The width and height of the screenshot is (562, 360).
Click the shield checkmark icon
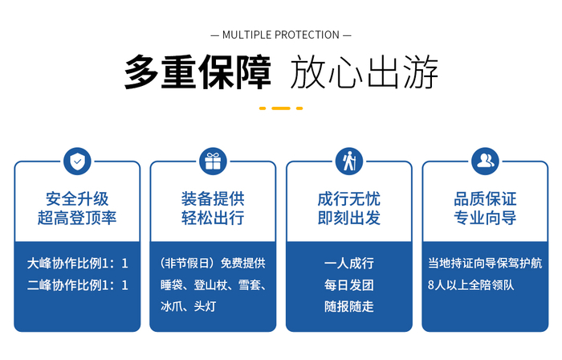pyautogui.click(x=77, y=162)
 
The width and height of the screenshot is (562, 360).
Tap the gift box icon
pyautogui.click(x=213, y=162)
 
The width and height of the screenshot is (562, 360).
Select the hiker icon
pyautogui.click(x=349, y=162)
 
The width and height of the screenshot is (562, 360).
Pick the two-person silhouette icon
pyautogui.click(x=485, y=162)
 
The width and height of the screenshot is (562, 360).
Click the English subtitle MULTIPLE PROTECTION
pyautogui.click(x=281, y=35)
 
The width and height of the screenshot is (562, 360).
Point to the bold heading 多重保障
pyautogui.click(x=198, y=72)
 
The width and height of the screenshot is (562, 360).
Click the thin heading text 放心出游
pyautogui.click(x=364, y=72)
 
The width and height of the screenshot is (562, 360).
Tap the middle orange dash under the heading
pyautogui.click(x=281, y=108)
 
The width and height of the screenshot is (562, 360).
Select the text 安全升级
pyautogui.click(x=77, y=198)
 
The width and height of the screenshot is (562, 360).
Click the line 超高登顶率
pyautogui.click(x=77, y=218)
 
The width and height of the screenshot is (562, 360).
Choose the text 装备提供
pyautogui.click(x=213, y=198)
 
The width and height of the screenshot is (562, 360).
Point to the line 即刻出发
pyautogui.click(x=349, y=218)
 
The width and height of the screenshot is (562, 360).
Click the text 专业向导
pyautogui.click(x=485, y=218)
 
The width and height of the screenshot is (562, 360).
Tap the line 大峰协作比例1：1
pyautogui.click(x=77, y=264)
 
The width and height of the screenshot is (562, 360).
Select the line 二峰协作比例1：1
pyautogui.click(x=77, y=285)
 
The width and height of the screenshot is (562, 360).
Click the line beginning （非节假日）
pyautogui.click(x=213, y=264)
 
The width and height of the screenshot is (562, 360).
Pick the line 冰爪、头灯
pyautogui.click(x=188, y=307)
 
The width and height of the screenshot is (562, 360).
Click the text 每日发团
pyautogui.click(x=349, y=285)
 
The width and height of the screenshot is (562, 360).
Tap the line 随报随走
pyautogui.click(x=349, y=307)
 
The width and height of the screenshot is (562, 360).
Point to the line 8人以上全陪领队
pyautogui.click(x=471, y=285)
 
